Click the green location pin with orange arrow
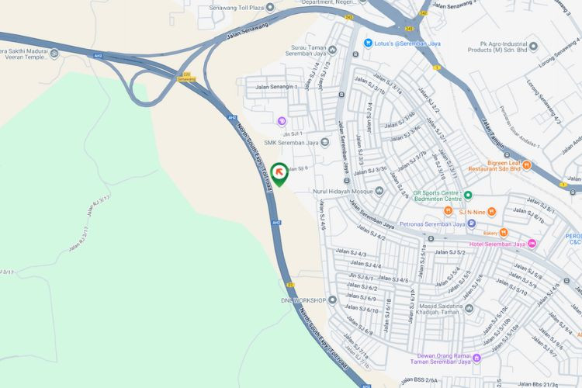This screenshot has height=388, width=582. click(x=279, y=172)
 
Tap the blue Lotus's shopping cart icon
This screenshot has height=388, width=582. click(x=369, y=43)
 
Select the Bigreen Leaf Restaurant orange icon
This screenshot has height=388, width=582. click(x=526, y=165)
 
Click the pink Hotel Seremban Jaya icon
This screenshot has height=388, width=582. click(x=532, y=244)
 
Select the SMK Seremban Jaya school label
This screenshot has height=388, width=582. click(x=291, y=142)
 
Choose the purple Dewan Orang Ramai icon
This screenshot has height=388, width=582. click(x=476, y=358)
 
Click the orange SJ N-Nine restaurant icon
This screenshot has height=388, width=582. click(x=449, y=210)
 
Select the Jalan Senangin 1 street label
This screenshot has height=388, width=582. click(x=272, y=87)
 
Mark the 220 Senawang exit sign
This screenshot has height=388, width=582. click(x=187, y=76)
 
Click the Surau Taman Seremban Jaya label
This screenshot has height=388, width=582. click(x=308, y=49)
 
